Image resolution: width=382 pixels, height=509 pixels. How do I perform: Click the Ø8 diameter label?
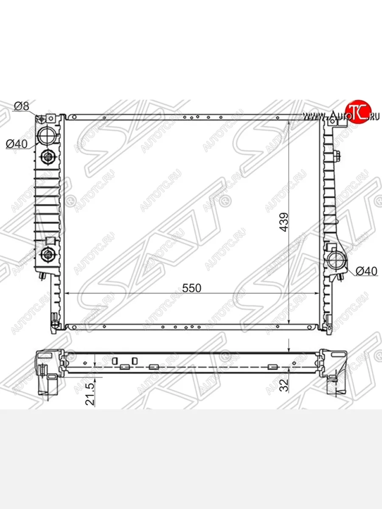(x=22, y=106)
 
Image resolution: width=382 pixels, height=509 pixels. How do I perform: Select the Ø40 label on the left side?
(x=17, y=144)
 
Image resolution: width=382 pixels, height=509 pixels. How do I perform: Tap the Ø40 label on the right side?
(x=366, y=271)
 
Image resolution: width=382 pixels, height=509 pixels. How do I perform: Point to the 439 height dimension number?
(x=284, y=222)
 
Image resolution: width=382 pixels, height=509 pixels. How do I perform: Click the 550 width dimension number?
(x=191, y=288)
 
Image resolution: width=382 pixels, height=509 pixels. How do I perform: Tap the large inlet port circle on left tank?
(x=48, y=136)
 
